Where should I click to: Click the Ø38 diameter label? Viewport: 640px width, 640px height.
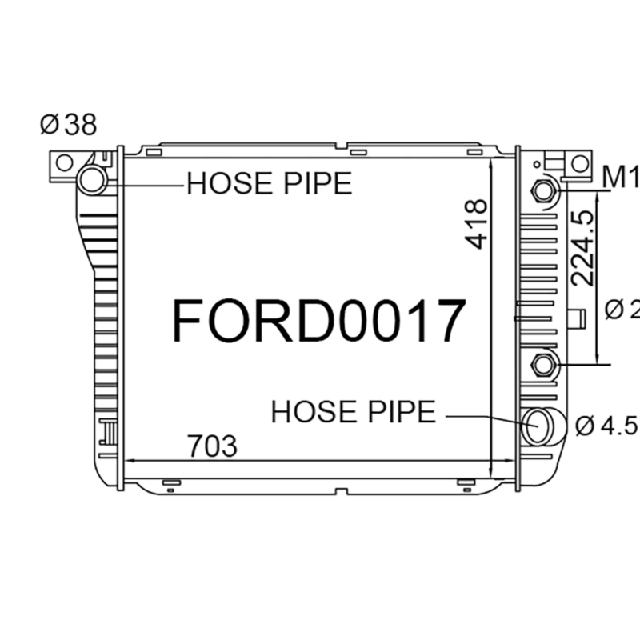[68, 124]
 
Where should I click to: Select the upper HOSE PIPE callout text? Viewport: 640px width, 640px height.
[269, 184]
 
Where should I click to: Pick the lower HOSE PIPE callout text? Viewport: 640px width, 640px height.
[354, 412]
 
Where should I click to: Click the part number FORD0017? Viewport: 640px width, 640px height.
[318, 320]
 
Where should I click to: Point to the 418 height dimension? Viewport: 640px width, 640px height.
[476, 224]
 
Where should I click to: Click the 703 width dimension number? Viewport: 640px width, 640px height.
[212, 446]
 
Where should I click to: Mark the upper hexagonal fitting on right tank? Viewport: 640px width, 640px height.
[544, 190]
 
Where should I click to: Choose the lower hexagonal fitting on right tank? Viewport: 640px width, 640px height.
[544, 365]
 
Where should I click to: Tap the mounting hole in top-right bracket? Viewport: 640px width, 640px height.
[578, 163]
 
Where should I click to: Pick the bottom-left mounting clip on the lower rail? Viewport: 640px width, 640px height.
[168, 482]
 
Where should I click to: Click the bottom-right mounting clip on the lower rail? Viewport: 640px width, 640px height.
[464, 482]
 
